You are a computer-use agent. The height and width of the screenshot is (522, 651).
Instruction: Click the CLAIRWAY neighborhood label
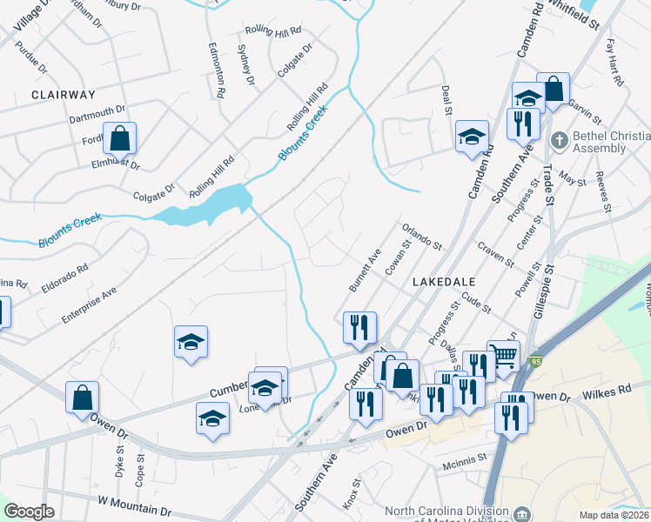pyautogui.click(x=63, y=93)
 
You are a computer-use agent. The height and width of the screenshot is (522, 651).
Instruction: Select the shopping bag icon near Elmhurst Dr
pyautogui.click(x=120, y=138)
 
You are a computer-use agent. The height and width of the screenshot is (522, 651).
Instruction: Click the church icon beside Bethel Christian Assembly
pyautogui.click(x=558, y=138)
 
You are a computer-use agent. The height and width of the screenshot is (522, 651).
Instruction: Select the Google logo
pyautogui.click(x=30, y=512)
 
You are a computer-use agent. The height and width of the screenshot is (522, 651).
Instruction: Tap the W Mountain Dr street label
pyautogui.click(x=135, y=504)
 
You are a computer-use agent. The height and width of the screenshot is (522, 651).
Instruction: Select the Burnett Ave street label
pyautogui.click(x=365, y=270)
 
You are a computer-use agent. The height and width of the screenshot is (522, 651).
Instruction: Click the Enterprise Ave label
pyautogui.click(x=89, y=307)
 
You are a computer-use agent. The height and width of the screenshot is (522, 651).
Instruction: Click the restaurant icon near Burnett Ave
pyautogui.click(x=359, y=327)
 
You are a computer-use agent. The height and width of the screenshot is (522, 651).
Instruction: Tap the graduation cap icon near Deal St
pyautogui.click(x=472, y=137)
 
